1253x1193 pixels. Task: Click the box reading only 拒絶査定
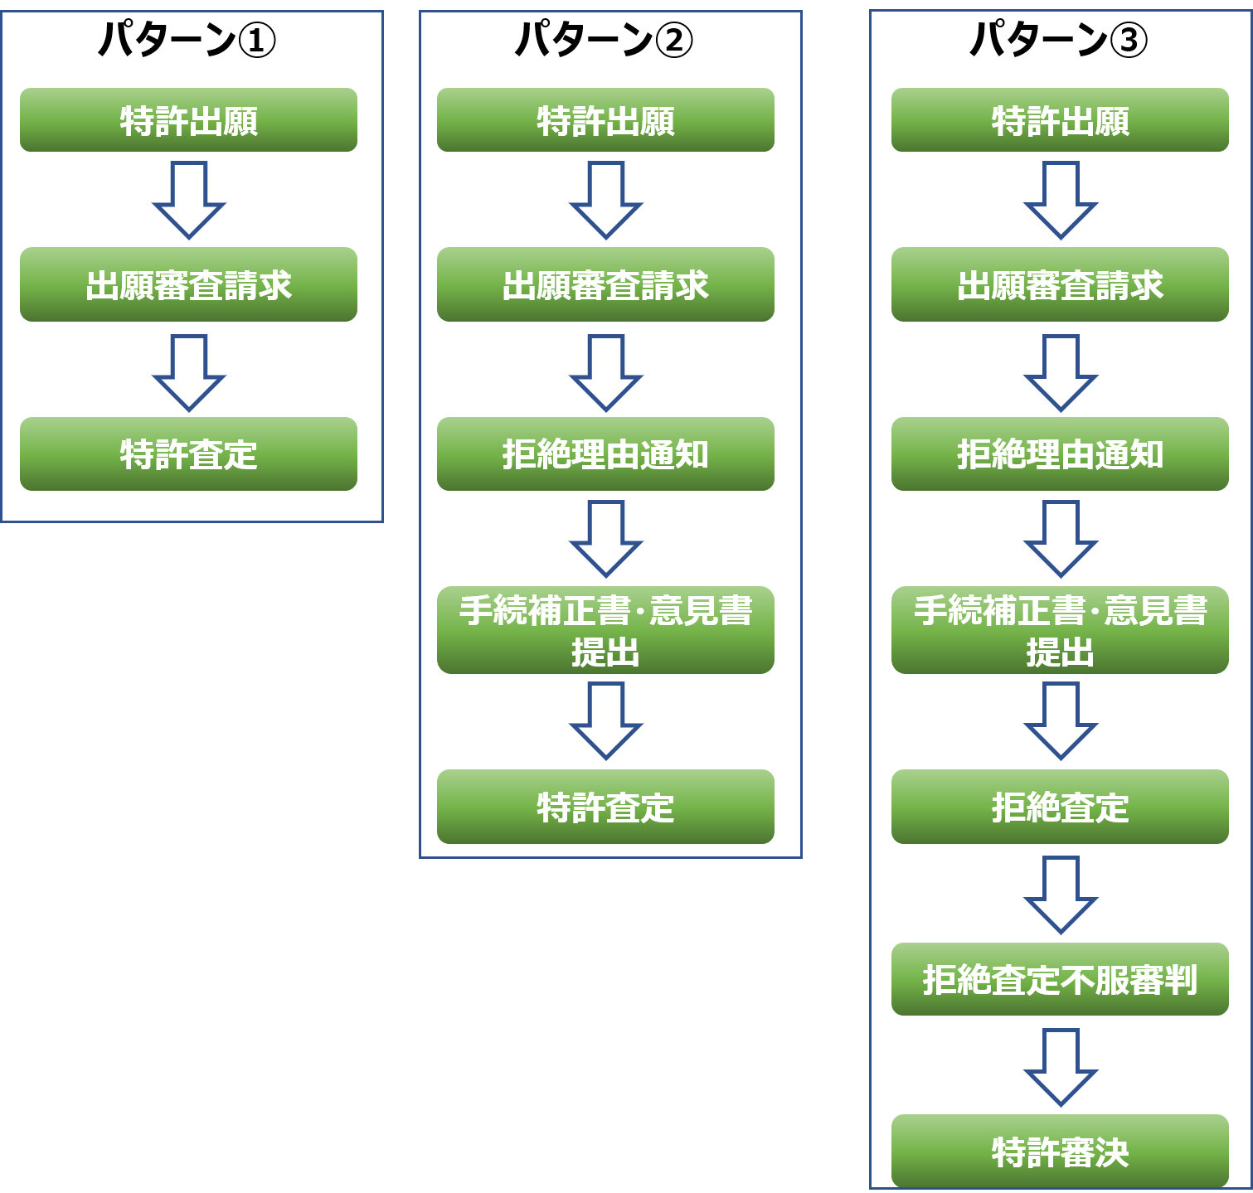pyautogui.click(x=1060, y=807)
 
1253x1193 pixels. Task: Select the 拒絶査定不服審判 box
pyautogui.click(x=1060, y=979)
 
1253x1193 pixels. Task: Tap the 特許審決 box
pyautogui.click(x=1060, y=1152)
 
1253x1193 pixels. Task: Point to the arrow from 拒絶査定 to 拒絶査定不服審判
pyautogui.click(x=1061, y=895)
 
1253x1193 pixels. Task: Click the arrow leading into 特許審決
pyautogui.click(x=1061, y=1068)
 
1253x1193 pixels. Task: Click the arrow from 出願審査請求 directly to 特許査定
pyautogui.click(x=189, y=373)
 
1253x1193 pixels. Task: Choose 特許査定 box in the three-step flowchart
pyautogui.click(x=189, y=454)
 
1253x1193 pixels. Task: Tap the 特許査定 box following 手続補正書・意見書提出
pyautogui.click(x=606, y=807)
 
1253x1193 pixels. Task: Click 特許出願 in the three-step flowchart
pyautogui.click(x=189, y=120)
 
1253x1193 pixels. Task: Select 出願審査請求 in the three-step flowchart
pyautogui.click(x=189, y=284)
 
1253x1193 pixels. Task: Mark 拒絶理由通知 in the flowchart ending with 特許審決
pyautogui.click(x=1060, y=454)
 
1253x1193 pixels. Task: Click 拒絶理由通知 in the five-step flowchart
pyautogui.click(x=606, y=454)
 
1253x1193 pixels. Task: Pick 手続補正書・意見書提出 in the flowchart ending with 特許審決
pyautogui.click(x=1060, y=630)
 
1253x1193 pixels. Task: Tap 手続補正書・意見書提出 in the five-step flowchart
pyautogui.click(x=606, y=630)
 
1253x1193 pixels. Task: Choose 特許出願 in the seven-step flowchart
pyautogui.click(x=1060, y=120)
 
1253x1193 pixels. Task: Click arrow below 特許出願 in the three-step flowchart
pyautogui.click(x=189, y=200)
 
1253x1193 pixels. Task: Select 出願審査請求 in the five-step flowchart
pyautogui.click(x=606, y=284)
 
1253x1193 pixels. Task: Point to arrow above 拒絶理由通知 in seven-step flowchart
pyautogui.click(x=1061, y=373)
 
